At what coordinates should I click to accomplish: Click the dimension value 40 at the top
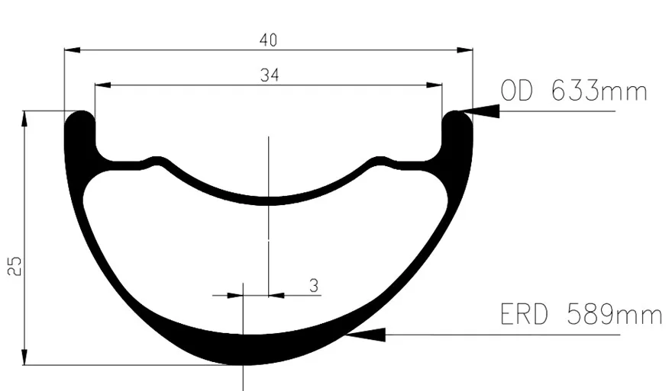click(268, 40)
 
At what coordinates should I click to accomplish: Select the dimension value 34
click(270, 75)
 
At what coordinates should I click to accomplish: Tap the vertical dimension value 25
click(15, 266)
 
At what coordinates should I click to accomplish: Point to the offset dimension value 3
click(314, 285)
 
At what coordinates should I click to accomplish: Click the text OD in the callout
click(517, 91)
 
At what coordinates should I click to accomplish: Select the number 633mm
click(599, 91)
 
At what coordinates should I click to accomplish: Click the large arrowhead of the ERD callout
click(365, 335)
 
